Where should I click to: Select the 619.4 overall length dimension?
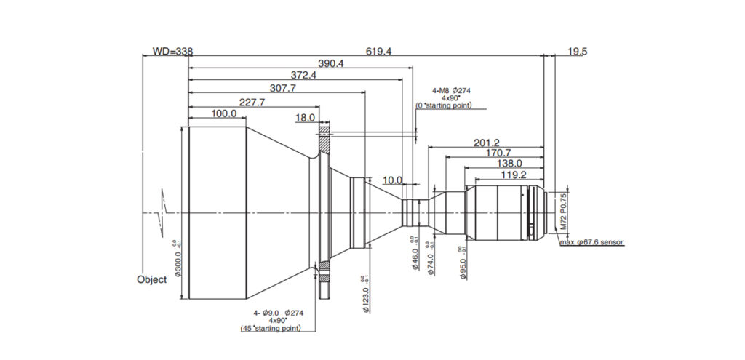tap(378, 52)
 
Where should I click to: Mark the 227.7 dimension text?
tap(251, 103)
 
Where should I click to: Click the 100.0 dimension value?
tap(223, 114)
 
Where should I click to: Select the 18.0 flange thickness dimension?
tap(305, 117)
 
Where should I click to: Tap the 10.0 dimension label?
tap(392, 180)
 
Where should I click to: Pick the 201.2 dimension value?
tap(486, 143)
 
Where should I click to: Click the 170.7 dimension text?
tap(497, 153)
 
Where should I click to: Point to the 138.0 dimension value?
tap(509, 165)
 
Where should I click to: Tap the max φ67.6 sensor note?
tap(591, 242)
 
